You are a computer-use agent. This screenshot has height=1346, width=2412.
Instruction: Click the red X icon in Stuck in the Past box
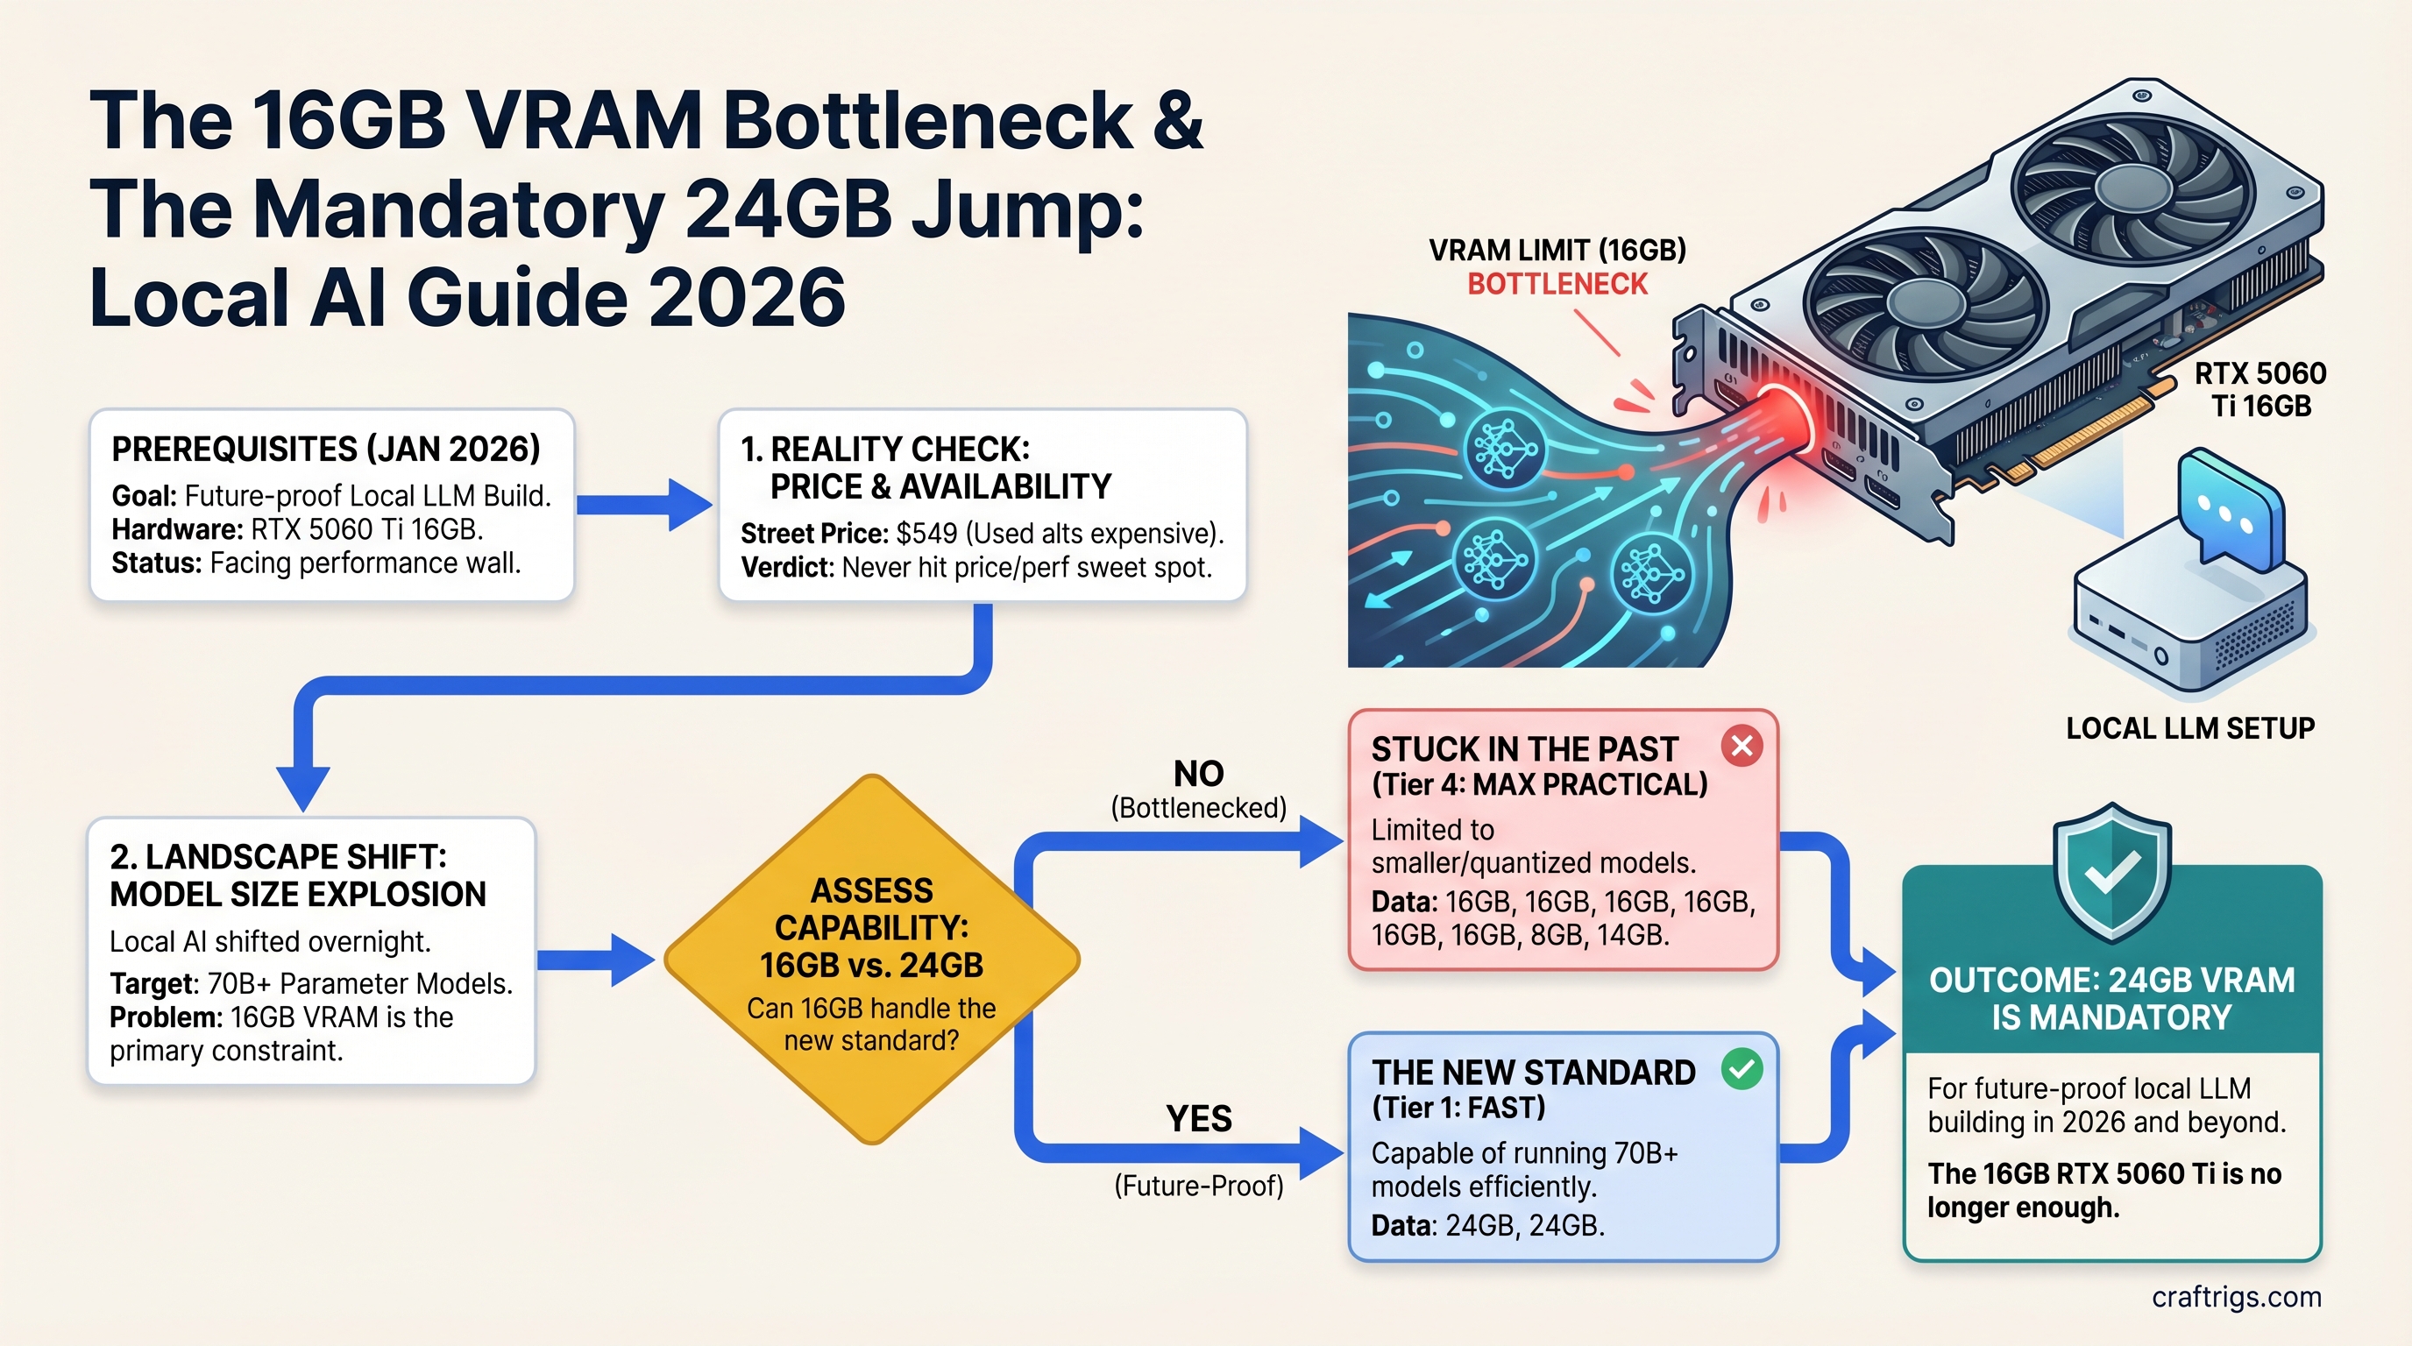(1742, 746)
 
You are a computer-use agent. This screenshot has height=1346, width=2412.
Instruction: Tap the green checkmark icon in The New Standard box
(1742, 1069)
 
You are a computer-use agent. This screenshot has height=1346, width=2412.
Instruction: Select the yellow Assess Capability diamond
(872, 960)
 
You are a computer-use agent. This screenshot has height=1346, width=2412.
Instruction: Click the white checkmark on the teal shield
(2111, 871)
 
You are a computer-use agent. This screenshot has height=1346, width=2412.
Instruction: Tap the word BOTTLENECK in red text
(1557, 284)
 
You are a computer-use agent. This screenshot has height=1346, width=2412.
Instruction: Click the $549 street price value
(926, 534)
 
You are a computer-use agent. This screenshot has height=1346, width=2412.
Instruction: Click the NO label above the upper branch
(1198, 773)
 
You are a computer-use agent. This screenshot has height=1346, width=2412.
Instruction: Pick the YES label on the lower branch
(1198, 1118)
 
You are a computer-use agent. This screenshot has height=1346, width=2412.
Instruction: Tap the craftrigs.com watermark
(2236, 1296)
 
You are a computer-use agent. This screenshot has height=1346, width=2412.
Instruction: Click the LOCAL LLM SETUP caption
(2190, 728)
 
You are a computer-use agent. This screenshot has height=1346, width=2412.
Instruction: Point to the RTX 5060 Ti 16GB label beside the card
(2260, 389)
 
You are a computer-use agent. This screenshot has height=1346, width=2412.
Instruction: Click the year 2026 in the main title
(746, 298)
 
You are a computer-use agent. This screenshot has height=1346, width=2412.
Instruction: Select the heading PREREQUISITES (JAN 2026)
(326, 450)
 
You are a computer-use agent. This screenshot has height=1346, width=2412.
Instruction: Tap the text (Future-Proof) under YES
(1198, 1186)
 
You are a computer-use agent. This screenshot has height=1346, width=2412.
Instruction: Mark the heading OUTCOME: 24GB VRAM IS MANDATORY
(2111, 999)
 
